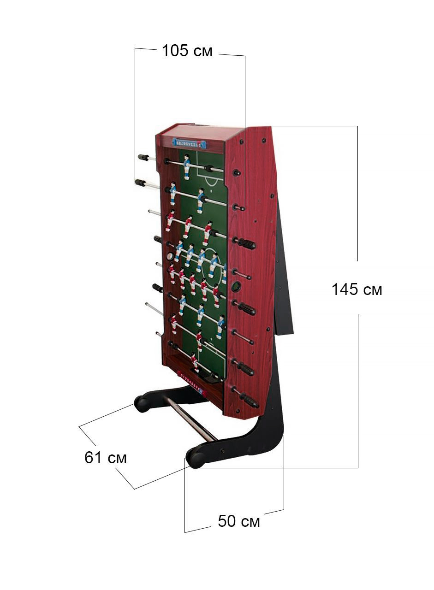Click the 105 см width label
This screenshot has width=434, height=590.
point(187,51)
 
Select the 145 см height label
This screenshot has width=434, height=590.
point(357,289)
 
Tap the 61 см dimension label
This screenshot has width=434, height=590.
point(105,458)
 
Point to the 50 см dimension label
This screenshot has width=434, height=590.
point(238,521)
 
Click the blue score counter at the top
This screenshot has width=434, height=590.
point(189,143)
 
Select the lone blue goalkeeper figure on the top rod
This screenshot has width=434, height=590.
point(187,166)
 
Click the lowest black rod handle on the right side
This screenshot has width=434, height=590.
point(249,400)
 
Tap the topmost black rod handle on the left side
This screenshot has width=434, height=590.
point(143,158)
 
